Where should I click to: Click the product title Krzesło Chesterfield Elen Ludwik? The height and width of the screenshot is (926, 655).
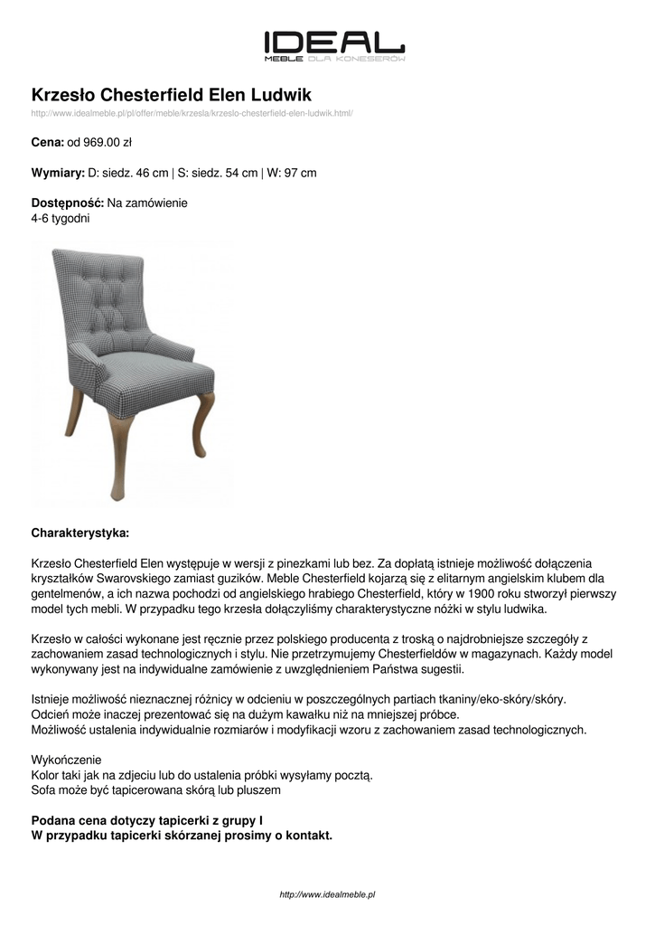pyautogui.click(x=172, y=94)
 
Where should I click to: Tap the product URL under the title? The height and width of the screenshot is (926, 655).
pyautogui.click(x=192, y=113)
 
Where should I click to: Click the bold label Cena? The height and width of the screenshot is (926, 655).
pyautogui.click(x=47, y=142)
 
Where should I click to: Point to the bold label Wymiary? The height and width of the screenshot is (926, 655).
pyautogui.click(x=58, y=173)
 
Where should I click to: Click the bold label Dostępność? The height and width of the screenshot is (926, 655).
pyautogui.click(x=68, y=203)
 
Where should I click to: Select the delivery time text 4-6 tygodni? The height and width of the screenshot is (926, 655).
pyautogui.click(x=61, y=218)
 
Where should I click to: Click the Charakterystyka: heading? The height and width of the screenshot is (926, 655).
pyautogui.click(x=80, y=532)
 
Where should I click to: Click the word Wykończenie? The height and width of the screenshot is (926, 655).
pyautogui.click(x=67, y=760)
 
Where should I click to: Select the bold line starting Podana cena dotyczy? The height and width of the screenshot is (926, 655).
pyautogui.click(x=147, y=820)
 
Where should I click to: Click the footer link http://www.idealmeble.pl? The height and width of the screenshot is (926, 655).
pyautogui.click(x=327, y=894)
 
